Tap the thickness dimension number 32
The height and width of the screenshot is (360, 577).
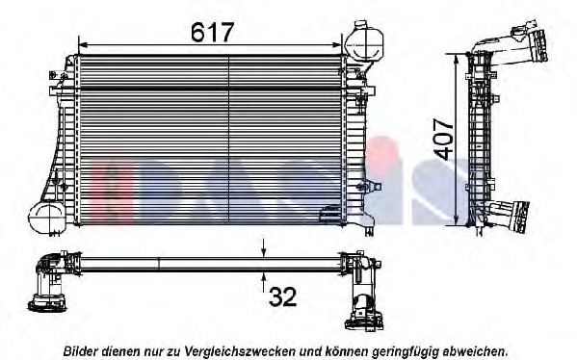(x=282, y=297)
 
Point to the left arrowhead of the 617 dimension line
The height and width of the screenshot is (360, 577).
(x=82, y=44)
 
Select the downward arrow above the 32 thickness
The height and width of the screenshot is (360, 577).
(x=264, y=251)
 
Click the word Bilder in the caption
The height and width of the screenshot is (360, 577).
(x=82, y=351)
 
